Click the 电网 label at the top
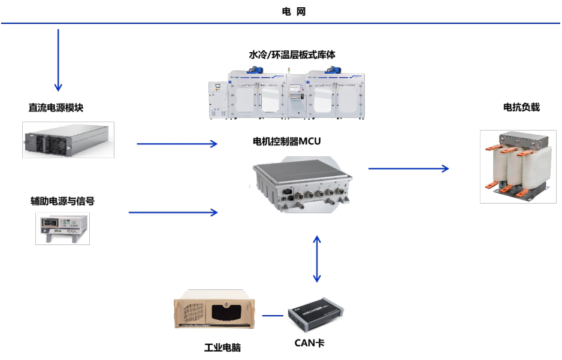point(294,11)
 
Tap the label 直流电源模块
point(56,108)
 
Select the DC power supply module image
point(68,140)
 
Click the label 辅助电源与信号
point(62,201)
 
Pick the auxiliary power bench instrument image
point(62,228)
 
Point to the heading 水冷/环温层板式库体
point(292,55)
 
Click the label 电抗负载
point(521,107)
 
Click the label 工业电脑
point(222,347)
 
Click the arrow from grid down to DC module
point(58,60)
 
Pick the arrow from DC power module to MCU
point(177,144)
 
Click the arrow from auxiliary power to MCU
point(173,212)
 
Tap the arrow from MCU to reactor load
point(408,168)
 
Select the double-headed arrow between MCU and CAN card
point(317,258)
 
